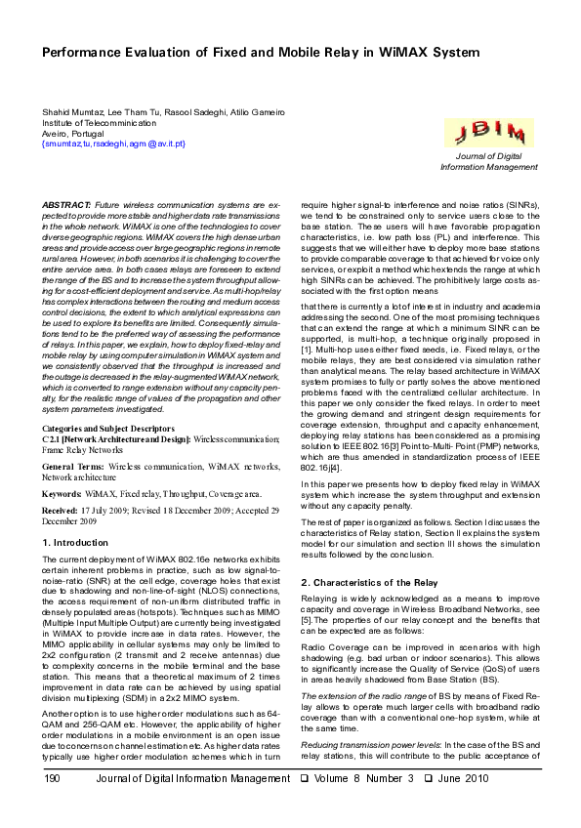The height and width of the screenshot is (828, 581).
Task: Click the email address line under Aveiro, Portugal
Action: point(113,144)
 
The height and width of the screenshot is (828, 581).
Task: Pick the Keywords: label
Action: point(62,495)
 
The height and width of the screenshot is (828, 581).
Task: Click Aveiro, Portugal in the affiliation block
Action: point(74,134)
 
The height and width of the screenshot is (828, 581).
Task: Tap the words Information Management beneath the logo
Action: point(477,167)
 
